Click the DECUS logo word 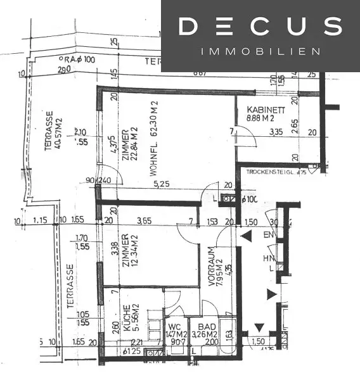(260, 27)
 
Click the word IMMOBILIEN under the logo (260, 51)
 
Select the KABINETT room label (266, 110)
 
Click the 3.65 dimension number (145, 221)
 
